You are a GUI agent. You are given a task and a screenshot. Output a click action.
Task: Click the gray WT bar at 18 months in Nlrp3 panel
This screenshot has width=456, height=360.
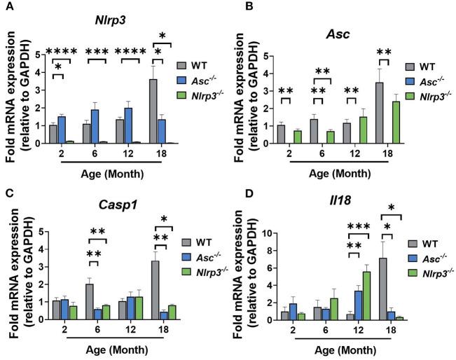click(152, 112)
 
